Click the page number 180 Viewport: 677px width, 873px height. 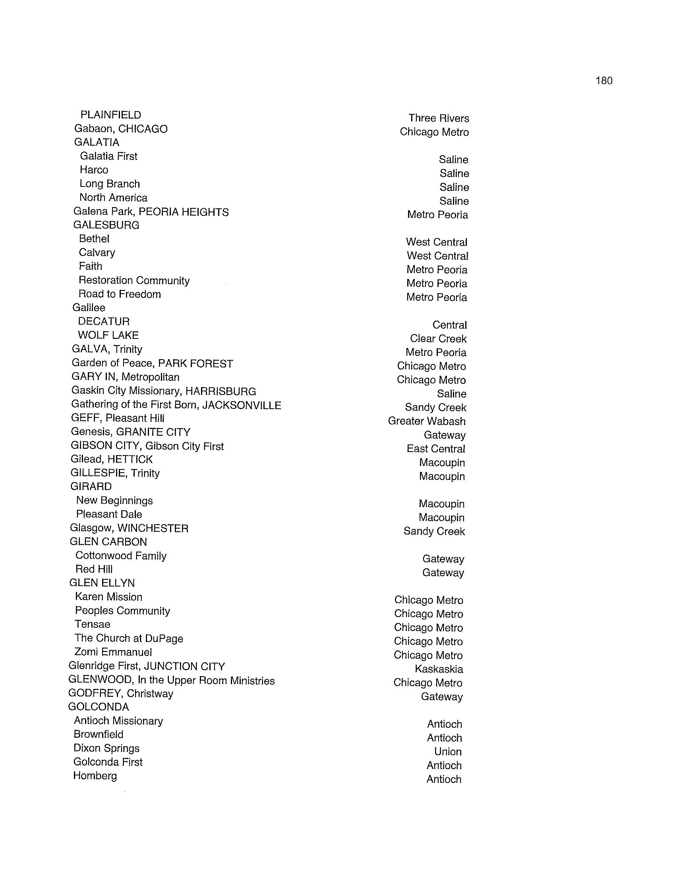pos(603,81)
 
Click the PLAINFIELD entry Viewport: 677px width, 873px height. pos(111,115)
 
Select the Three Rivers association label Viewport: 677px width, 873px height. pos(439,118)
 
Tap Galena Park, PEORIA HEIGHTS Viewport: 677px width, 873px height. pos(151,212)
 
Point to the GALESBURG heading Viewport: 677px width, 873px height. pos(106,225)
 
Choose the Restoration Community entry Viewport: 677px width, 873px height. pos(134,281)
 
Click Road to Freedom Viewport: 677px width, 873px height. pos(120,294)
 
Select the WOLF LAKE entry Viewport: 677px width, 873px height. pos(108,335)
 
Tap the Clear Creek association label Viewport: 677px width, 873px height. pos(438,339)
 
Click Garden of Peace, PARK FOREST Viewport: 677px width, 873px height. pos(152,363)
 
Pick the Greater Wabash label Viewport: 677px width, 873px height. pos(427,421)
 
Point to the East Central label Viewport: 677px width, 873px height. pos(436,449)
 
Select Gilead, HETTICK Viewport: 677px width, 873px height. pos(111,460)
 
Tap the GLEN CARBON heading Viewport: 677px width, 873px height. pos(108,542)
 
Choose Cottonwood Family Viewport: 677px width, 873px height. pos(121,556)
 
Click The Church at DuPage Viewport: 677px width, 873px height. pos(129,638)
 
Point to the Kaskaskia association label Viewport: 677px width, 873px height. pos(439,669)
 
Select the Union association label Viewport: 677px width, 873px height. pos(448,752)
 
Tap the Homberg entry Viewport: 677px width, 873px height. pos(95,776)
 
